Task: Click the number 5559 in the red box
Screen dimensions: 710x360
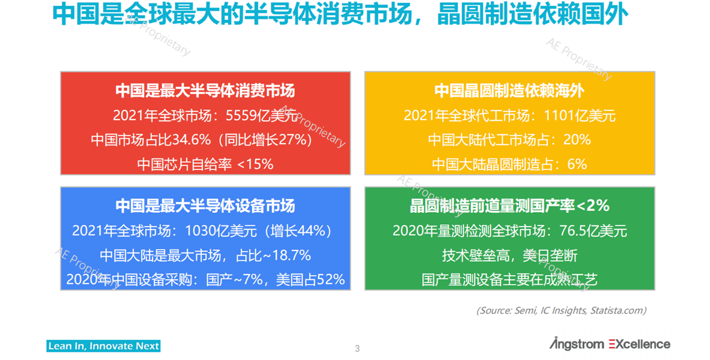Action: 241,116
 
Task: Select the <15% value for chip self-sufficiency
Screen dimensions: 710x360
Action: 255,165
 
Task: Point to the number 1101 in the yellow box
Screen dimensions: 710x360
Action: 559,116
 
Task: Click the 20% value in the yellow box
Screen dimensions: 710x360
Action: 577,140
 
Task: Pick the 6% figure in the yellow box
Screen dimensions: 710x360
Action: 577,165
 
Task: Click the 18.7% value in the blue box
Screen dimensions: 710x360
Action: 291,255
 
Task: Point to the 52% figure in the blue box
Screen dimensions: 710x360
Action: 331,280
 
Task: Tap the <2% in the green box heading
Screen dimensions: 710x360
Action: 593,206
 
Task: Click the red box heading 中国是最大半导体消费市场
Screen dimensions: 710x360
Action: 205,91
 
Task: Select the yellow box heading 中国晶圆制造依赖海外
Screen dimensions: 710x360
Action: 509,91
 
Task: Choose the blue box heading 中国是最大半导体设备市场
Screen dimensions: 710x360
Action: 205,206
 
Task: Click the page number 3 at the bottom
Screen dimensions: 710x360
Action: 357,348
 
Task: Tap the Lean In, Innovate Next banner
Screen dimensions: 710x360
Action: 103,346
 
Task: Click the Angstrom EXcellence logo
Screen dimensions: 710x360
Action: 610,343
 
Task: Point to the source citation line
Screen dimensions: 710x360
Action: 561,310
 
